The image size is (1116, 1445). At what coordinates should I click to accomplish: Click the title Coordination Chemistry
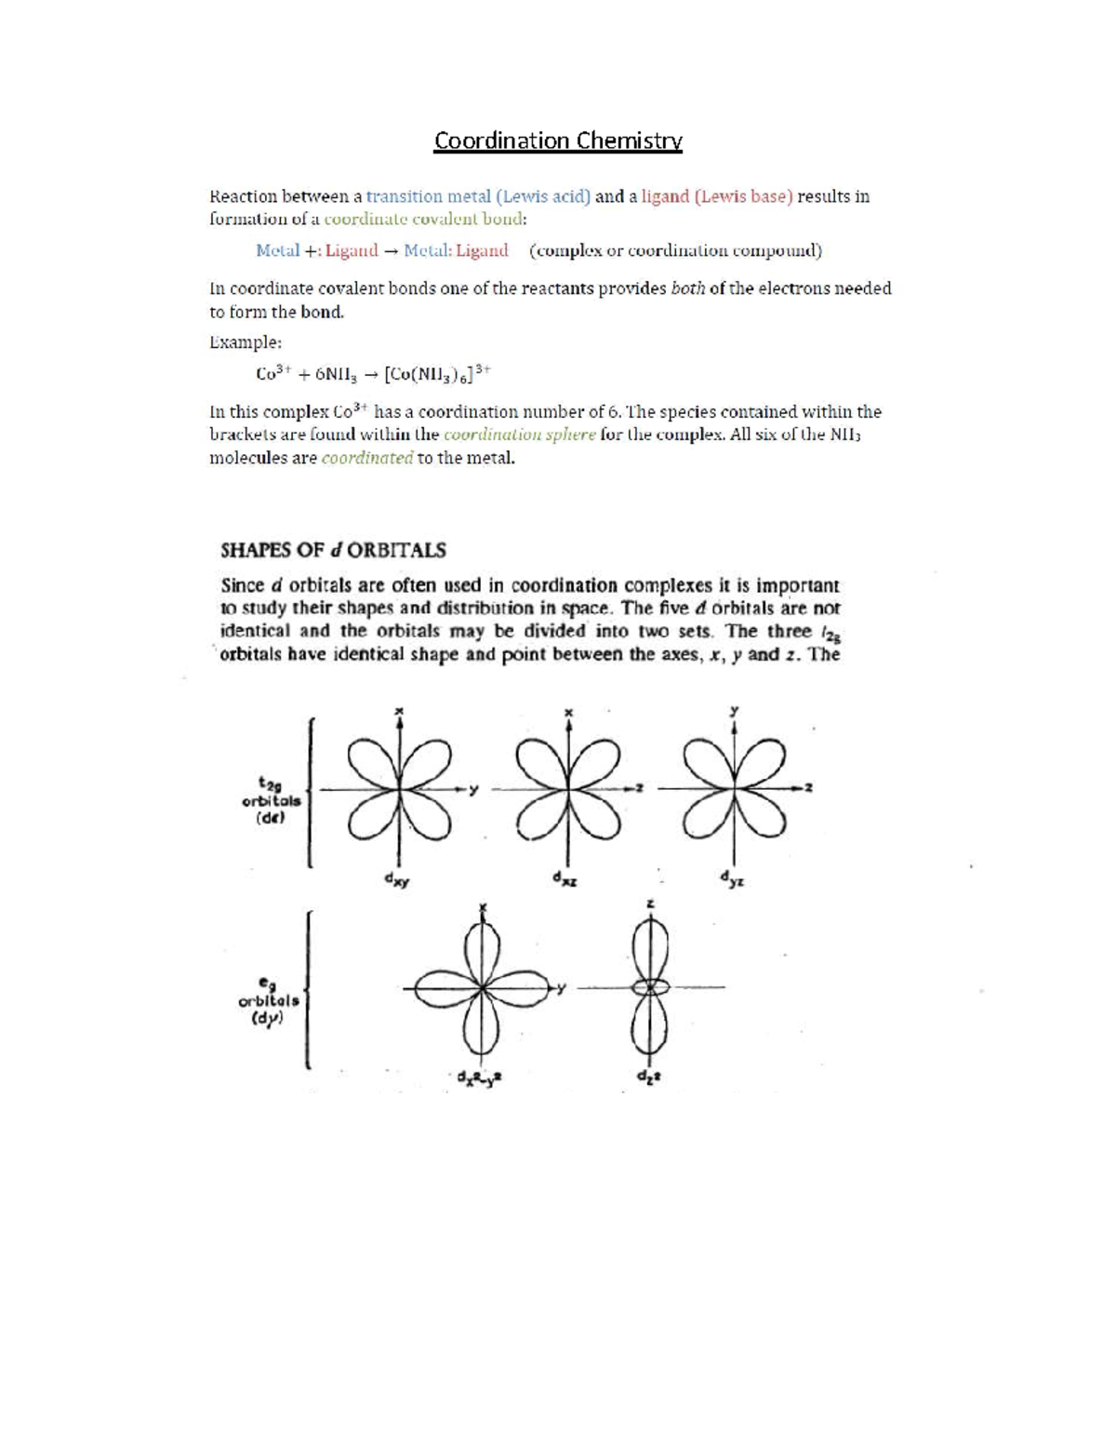[558, 140]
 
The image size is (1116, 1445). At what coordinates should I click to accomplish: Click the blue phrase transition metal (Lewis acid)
[478, 196]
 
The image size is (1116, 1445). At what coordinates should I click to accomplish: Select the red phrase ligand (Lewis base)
[717, 196]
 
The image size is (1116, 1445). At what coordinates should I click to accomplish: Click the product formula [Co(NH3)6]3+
[437, 374]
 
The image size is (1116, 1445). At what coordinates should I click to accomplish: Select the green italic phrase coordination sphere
[519, 435]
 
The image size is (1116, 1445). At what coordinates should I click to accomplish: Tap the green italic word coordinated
[366, 458]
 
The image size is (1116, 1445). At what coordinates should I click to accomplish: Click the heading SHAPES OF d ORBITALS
[333, 550]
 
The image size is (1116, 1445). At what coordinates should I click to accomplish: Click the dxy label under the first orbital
[397, 880]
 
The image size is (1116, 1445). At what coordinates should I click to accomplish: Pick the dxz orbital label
[564, 879]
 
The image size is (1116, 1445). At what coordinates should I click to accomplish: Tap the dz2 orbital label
[648, 1077]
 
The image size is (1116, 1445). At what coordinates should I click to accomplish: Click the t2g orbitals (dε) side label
[271, 799]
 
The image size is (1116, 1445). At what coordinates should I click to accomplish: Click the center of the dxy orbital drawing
[399, 789]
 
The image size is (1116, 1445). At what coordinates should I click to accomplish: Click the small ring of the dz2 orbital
[650, 986]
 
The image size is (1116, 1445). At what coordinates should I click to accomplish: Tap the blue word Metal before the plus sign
[277, 250]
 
